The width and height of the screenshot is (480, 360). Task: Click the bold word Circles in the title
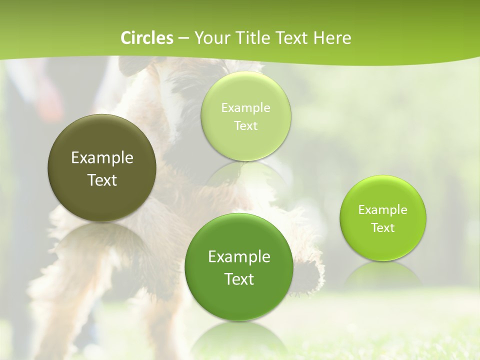(147, 38)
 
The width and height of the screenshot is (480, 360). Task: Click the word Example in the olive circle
(102, 158)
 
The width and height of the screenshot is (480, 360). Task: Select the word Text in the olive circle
(102, 180)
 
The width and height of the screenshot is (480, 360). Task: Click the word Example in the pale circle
(246, 107)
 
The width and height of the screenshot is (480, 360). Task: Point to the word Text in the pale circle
(246, 125)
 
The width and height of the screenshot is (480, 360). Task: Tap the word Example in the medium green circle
(239, 257)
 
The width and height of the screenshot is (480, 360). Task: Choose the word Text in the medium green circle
(239, 279)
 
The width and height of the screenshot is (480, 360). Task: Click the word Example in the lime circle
(383, 209)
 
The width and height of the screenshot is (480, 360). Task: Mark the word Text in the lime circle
(383, 227)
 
